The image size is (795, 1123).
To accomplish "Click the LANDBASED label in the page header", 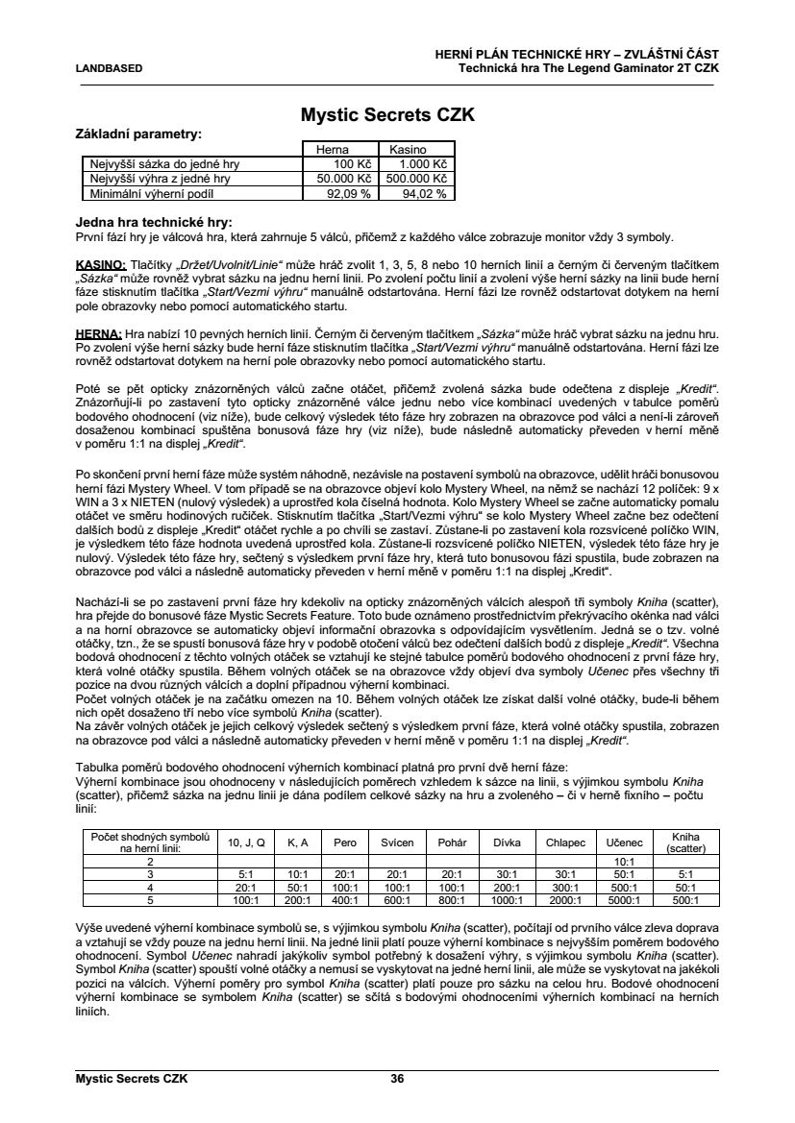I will click(109, 68).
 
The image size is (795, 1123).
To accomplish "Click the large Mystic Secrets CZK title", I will click(388, 115).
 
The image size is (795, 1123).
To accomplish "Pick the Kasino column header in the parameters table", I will click(409, 150).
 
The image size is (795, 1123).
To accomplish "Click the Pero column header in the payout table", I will click(345, 842).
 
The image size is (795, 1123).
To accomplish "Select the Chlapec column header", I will click(564, 842).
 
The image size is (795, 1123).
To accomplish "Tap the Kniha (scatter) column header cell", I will click(686, 842).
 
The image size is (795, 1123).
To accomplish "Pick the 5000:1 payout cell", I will click(626, 900).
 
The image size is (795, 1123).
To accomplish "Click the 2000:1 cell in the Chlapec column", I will click(564, 900).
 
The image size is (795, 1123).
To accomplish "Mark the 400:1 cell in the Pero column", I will click(345, 900).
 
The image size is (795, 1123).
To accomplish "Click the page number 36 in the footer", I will click(397, 1078).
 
